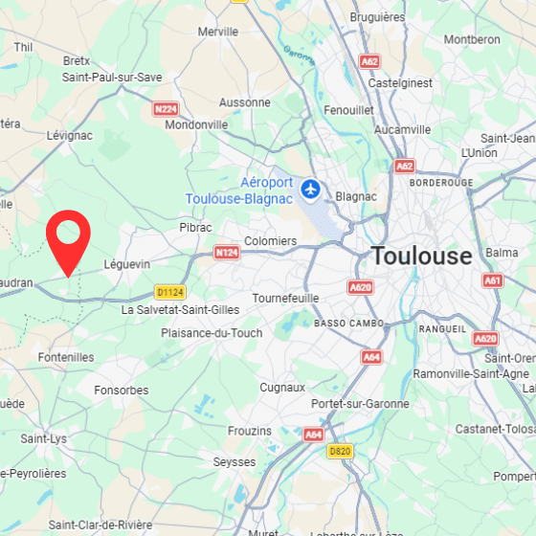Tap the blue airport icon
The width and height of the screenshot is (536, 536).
pos(310,189)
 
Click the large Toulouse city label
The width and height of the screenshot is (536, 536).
pos(421,257)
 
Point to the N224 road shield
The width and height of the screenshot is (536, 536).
pos(167,109)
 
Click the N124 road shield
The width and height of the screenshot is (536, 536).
pos(226,253)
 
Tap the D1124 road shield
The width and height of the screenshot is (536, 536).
pos(169,292)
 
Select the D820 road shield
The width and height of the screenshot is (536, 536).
pos(339,450)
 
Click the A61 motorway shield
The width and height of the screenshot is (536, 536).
pos(493,280)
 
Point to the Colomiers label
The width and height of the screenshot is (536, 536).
pos(271,241)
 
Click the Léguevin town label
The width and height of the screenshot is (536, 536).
pos(127,263)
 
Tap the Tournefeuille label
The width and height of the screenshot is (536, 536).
pos(285,298)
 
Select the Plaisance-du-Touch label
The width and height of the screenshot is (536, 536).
pos(212,333)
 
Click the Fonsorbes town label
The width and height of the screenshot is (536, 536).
pos(122,391)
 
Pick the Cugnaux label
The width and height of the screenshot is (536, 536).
pos(282,388)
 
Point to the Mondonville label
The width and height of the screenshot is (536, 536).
pos(196,124)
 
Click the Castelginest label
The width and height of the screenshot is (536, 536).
pos(401,83)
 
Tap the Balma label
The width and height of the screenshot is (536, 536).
pos(502,253)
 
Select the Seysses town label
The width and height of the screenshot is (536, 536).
pos(234,461)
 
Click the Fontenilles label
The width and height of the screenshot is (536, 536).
pos(66,357)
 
